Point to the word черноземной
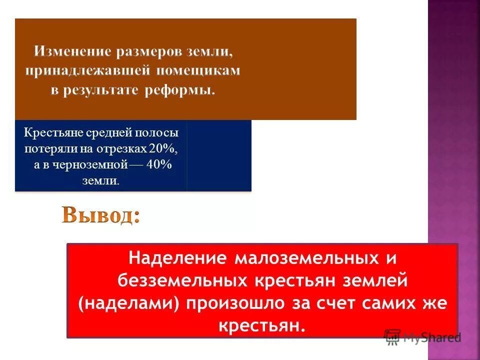click(84, 164)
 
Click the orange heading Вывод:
click(100, 216)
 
